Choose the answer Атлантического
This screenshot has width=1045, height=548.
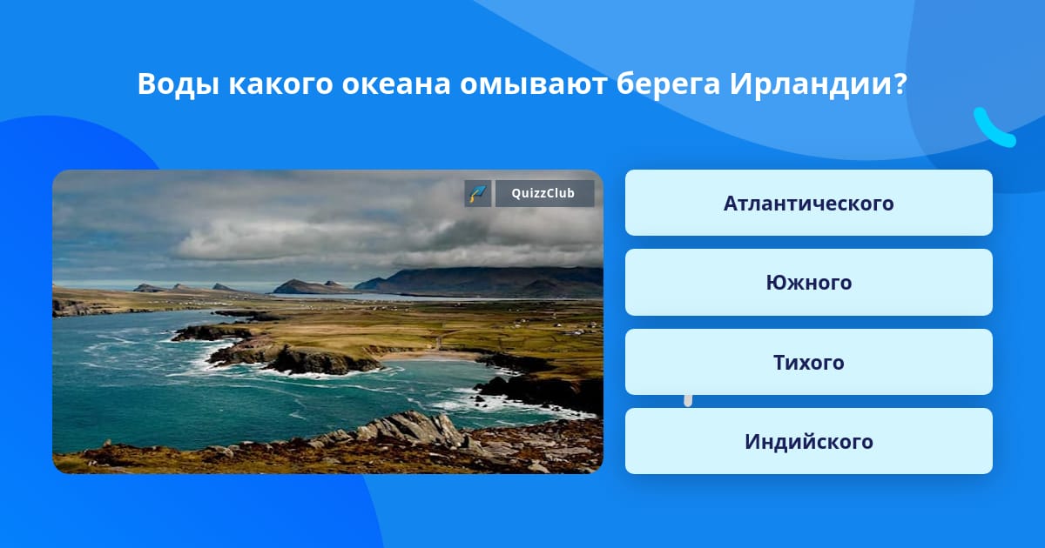point(808,203)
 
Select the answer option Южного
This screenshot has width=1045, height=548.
point(808,283)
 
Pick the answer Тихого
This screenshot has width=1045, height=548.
point(808,362)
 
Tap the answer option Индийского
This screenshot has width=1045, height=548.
point(808,441)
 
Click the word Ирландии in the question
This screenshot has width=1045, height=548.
point(809,84)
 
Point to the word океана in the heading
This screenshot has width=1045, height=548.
point(396,84)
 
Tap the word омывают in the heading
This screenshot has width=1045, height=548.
point(533,84)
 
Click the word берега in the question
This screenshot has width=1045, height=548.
point(668,84)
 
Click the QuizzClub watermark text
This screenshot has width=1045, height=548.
point(543,193)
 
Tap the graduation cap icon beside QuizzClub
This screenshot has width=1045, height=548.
point(478,193)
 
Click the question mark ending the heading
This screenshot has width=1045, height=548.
point(900,84)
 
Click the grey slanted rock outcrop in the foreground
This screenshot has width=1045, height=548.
point(410,426)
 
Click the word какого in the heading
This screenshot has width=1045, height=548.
point(280,84)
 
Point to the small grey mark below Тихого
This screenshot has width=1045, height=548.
point(688,401)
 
